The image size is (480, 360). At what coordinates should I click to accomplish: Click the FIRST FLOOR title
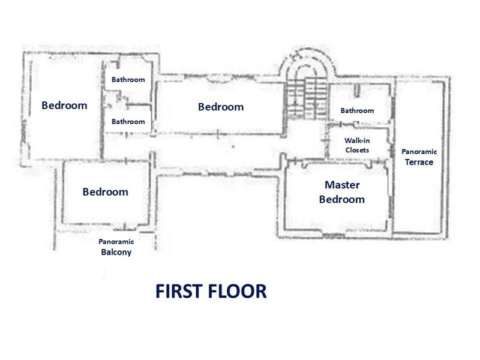(211, 291)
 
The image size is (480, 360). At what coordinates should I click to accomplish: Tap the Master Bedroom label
(342, 192)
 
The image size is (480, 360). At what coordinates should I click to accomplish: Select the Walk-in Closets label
(357, 145)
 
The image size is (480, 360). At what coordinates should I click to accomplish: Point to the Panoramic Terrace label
(419, 157)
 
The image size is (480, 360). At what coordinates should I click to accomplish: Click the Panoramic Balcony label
(116, 247)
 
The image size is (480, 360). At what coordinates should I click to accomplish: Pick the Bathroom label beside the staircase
(357, 110)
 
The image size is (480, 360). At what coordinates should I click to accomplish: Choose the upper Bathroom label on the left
(128, 80)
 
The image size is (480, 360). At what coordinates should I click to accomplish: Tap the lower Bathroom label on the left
(128, 122)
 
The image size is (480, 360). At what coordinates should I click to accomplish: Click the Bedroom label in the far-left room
(64, 106)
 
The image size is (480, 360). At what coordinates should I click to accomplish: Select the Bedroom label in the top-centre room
(221, 107)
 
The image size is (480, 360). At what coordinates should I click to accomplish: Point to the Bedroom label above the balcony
(106, 192)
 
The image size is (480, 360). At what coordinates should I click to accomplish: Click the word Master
(342, 185)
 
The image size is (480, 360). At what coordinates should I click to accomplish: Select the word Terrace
(419, 162)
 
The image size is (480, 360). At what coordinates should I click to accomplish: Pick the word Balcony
(116, 252)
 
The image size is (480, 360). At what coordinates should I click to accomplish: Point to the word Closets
(357, 150)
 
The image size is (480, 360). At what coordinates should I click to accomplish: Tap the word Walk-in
(357, 140)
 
